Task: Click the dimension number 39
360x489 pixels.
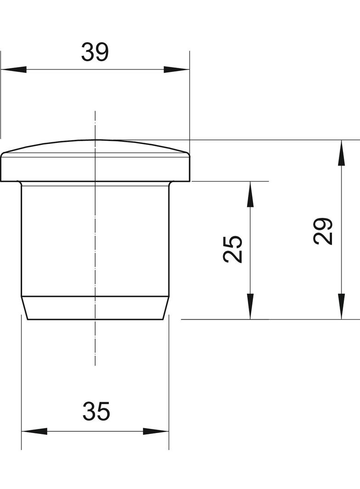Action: pos(95,52)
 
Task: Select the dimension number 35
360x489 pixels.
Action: pos(96,411)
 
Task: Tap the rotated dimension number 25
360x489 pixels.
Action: pos(233,249)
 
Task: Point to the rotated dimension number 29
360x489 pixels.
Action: pos(323,231)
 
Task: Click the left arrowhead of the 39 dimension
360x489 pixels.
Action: pos(13,70)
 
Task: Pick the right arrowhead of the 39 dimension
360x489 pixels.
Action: pos(176,70)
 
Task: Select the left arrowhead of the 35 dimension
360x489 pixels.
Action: pos(34,432)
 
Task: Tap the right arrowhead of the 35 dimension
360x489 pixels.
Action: pos(156,432)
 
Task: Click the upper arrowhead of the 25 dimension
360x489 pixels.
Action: pos(250,194)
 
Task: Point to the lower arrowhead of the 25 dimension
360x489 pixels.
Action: pos(250,306)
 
